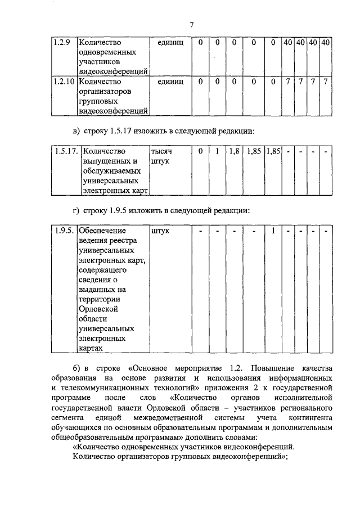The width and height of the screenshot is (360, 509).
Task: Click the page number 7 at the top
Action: (191, 25)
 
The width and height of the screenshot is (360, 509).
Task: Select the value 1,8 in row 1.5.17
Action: (235, 151)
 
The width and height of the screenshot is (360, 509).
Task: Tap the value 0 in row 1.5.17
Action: (200, 151)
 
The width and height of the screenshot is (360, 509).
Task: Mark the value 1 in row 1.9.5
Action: (273, 230)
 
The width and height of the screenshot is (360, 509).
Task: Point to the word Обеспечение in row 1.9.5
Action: (103, 230)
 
